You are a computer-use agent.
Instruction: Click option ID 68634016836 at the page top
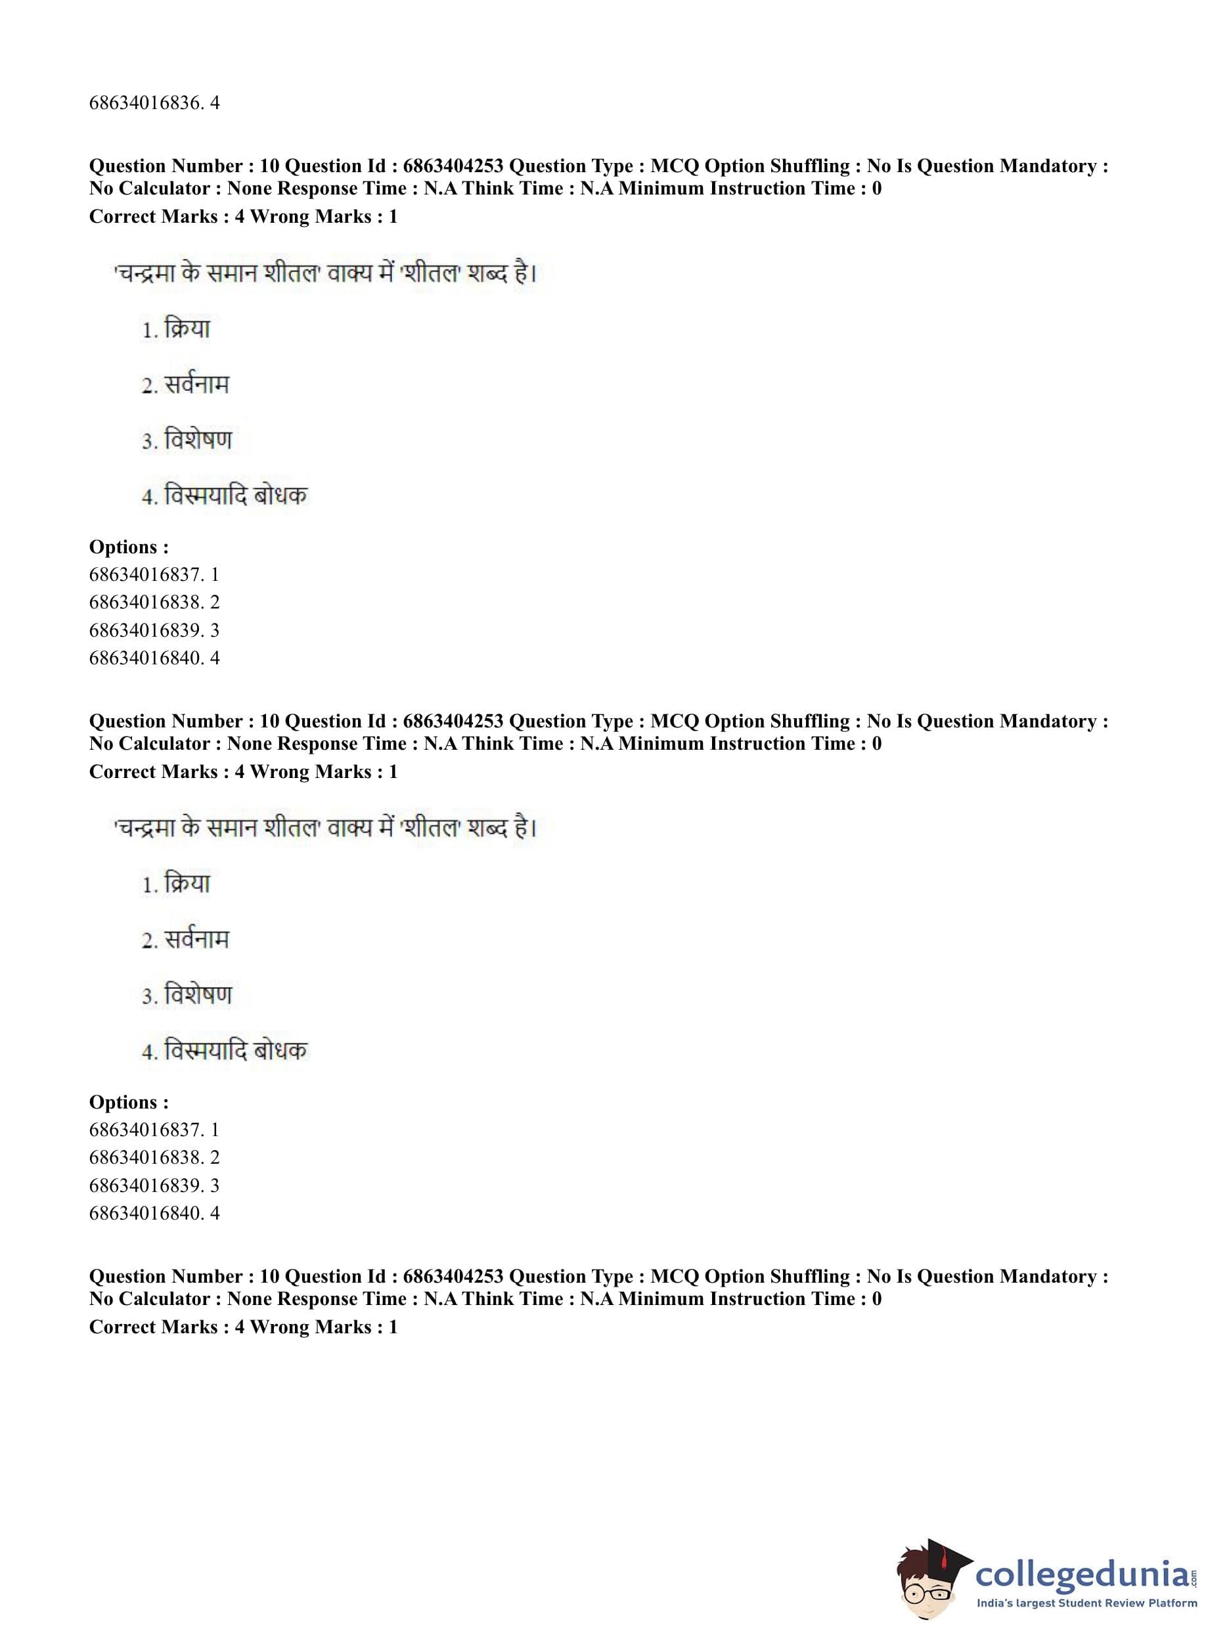click(153, 103)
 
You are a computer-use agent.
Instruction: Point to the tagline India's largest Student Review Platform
click(1086, 1603)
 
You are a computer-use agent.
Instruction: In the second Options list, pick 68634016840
click(153, 1213)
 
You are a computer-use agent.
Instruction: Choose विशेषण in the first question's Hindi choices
click(197, 440)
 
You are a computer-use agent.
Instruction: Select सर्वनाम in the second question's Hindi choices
click(196, 939)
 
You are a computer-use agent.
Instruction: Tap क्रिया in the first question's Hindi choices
click(187, 329)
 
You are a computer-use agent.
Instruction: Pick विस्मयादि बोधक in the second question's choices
click(235, 1050)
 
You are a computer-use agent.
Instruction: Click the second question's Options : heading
click(129, 1102)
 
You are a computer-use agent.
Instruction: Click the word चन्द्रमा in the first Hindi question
click(145, 274)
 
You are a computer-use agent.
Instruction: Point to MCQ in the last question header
click(675, 1277)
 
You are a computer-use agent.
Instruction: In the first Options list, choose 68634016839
click(153, 630)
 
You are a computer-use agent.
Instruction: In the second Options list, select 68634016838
click(153, 1157)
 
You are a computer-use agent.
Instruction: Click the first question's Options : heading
click(129, 547)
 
